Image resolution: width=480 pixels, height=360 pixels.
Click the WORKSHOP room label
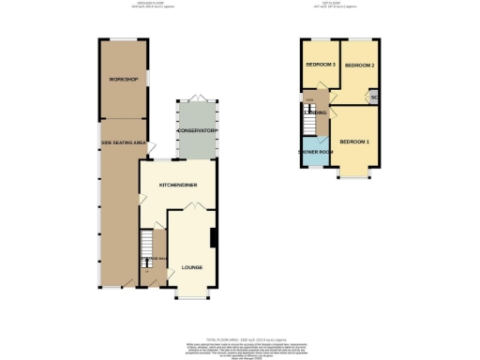click(124, 80)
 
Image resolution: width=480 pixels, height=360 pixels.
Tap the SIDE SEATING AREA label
click(122, 143)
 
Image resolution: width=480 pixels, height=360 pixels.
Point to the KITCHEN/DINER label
click(177, 185)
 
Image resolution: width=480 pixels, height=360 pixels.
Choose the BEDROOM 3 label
click(320, 65)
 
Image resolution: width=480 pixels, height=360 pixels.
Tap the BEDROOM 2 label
click(359, 66)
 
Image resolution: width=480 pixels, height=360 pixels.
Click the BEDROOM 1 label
click(354, 142)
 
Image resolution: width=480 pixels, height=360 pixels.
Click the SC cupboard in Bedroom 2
click(373, 97)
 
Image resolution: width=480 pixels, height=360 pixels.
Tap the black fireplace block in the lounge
click(215, 238)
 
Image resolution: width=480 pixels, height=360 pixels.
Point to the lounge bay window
click(191, 293)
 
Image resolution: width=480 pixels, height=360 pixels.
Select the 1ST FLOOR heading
click(340, 5)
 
